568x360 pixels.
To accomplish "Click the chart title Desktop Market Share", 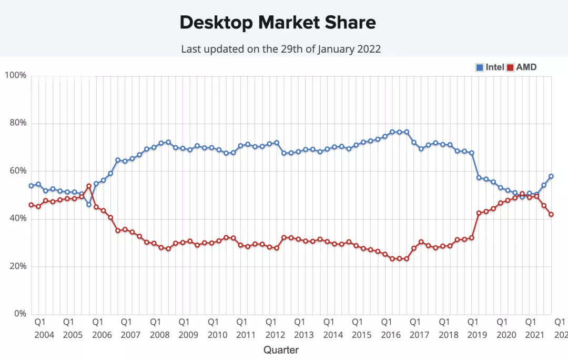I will [278, 22].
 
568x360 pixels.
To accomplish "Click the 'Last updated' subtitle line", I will [281, 49].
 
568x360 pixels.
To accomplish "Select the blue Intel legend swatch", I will [480, 67].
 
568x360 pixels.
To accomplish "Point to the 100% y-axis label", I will [15, 76].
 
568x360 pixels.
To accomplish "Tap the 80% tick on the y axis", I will [17, 123].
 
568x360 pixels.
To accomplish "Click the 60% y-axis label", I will [17, 171].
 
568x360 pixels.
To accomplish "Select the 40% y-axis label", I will [17, 218].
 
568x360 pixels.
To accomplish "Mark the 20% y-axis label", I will [17, 266].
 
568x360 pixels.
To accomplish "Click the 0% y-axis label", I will [19, 314].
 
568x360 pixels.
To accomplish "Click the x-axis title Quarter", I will [281, 350].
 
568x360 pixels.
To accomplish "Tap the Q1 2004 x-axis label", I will [40, 327].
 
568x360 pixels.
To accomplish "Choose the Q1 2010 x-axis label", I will [213, 327].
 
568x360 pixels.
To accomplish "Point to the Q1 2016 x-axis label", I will [387, 327].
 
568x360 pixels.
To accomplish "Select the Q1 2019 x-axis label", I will [473, 327].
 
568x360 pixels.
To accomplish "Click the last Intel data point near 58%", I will [551, 176].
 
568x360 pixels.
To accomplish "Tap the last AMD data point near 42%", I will [551, 214].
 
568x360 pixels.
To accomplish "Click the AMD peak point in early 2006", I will [88, 186].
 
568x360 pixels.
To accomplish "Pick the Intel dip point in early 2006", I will [88, 204].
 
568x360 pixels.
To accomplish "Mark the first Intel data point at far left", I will [31, 186].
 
